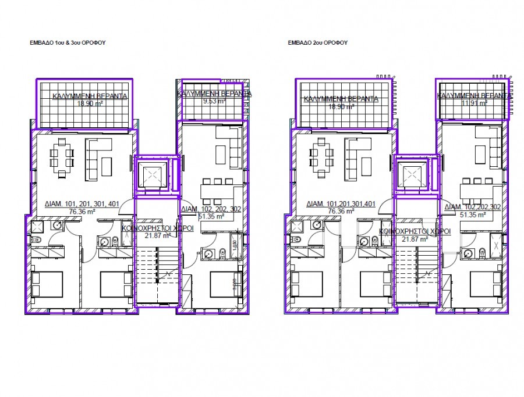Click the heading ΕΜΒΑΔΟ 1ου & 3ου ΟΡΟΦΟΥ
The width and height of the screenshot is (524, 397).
tap(68, 43)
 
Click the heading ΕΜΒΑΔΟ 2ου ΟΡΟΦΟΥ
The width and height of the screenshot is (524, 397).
tap(318, 43)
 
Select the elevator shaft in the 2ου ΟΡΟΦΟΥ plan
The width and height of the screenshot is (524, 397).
tap(412, 174)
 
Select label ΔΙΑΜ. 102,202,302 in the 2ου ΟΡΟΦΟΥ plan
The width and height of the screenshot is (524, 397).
tap(473, 207)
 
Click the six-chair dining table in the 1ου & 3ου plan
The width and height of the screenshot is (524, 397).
tap(62, 157)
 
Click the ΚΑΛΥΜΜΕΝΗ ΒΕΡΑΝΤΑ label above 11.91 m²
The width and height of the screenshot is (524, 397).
tap(474, 94)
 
